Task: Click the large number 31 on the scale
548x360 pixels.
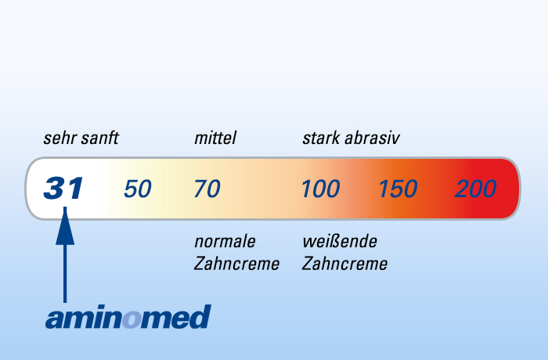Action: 63,189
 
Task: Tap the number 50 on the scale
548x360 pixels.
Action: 138,189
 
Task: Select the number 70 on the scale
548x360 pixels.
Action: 207,189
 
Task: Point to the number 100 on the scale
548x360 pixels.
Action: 321,189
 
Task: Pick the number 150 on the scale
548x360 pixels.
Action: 398,189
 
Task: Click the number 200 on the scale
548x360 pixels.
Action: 476,189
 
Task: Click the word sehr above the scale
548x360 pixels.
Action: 57,139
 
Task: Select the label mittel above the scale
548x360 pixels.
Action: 215,139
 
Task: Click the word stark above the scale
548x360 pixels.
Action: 321,139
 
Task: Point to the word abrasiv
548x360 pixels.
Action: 373,139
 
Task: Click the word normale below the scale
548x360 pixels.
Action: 225,241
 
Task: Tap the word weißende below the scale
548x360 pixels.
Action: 340,241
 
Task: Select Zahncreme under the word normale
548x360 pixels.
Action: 236,264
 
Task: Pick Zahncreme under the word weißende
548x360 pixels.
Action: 344,264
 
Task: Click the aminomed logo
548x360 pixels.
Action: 128,318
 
